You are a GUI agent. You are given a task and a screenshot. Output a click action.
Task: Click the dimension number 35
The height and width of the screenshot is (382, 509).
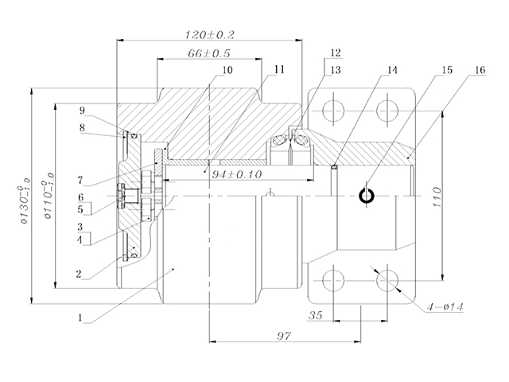tap(314, 316)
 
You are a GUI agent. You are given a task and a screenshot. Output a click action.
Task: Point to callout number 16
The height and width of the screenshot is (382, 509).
tap(477, 69)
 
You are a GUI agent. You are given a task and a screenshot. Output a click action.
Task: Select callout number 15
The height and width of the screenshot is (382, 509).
tap(446, 69)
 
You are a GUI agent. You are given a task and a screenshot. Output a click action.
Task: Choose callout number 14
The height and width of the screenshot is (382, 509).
tap(390, 69)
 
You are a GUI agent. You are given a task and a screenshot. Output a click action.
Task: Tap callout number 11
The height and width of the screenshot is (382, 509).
tap(278, 69)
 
